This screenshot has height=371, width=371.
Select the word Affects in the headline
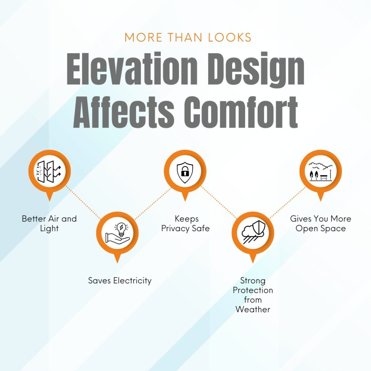124,112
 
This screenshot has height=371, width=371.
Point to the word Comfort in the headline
241,112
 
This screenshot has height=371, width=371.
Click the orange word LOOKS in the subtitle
229,37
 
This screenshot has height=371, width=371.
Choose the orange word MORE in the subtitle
143,37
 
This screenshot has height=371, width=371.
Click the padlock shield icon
185,172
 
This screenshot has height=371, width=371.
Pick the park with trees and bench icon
321,171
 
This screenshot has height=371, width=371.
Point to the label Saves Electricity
120,281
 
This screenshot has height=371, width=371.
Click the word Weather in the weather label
253,309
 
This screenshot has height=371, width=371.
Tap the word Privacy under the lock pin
175,229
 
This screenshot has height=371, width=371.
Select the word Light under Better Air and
49,229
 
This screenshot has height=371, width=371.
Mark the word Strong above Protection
253,281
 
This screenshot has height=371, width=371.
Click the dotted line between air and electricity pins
83,203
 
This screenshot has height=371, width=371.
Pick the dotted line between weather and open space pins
287,203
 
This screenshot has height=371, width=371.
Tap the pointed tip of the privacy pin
185,201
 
